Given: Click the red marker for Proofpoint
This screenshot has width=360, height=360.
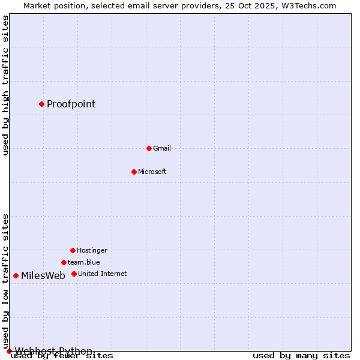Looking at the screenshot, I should click(x=41, y=104).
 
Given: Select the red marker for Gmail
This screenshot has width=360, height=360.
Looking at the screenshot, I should click(x=149, y=148).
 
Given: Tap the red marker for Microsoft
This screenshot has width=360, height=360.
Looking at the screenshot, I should click(x=134, y=172).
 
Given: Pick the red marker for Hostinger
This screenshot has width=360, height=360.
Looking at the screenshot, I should click(x=73, y=250).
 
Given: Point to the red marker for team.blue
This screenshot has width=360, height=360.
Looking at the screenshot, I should click(x=64, y=262).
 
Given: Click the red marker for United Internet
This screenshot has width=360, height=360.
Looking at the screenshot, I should click(x=74, y=274).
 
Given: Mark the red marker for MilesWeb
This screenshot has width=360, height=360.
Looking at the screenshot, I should click(x=16, y=275).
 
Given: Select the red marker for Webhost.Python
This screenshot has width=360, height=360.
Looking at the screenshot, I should click(x=9, y=351).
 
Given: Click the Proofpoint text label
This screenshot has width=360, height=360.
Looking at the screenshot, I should click(x=71, y=104).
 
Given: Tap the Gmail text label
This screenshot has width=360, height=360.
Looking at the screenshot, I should click(x=162, y=148).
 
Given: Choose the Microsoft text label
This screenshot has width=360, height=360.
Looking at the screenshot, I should click(x=152, y=172).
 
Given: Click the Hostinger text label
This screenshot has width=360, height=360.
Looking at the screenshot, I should click(x=92, y=250).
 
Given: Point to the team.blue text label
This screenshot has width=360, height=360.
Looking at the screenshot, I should click(x=84, y=262).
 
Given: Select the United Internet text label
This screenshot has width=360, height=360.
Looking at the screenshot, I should click(x=102, y=274).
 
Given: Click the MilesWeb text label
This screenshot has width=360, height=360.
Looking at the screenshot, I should click(x=43, y=276).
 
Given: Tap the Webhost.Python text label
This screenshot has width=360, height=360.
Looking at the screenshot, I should click(x=53, y=351).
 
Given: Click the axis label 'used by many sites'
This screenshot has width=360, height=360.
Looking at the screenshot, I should click(x=301, y=356).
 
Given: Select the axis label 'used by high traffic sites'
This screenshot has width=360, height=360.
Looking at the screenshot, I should click(x=5, y=85).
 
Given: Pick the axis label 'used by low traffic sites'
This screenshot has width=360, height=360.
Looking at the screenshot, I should click(x=5, y=281).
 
